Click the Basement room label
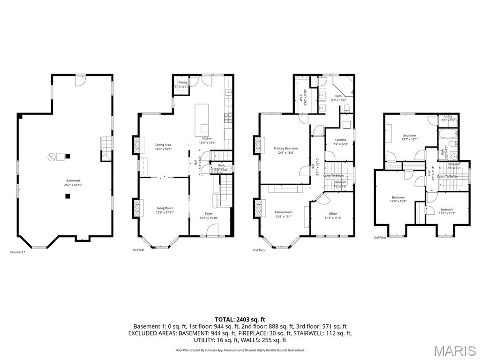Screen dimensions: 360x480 (x=73, y=180)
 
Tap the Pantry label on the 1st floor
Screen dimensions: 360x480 (x=183, y=82)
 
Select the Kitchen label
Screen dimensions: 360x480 (x=207, y=139)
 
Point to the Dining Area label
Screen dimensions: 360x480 (x=163, y=145)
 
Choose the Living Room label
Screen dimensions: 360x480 (x=165, y=208)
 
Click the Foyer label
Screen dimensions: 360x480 (x=209, y=214)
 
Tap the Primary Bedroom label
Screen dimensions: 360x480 (x=285, y=149)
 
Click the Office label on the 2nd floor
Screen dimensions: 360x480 (x=332, y=214)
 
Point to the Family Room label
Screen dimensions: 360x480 (x=283, y=212)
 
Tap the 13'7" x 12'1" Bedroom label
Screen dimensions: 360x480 (x=409, y=135)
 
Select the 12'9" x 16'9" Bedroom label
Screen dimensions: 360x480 (x=398, y=198)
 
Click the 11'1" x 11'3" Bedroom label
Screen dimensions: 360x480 (x=447, y=210)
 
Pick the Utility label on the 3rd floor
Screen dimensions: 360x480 (x=448, y=117)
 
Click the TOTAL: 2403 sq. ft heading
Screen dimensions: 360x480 (x=240, y=319)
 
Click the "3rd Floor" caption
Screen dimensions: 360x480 (x=380, y=238)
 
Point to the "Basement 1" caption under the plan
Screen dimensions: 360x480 (x=18, y=252)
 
